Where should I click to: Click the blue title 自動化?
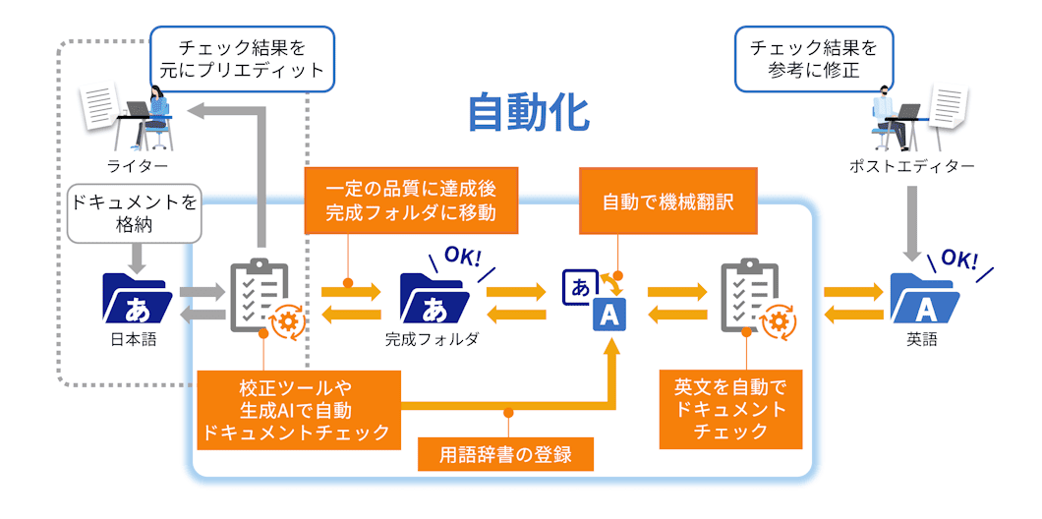528,113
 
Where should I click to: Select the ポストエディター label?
912,166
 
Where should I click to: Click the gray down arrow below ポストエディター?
912,216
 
